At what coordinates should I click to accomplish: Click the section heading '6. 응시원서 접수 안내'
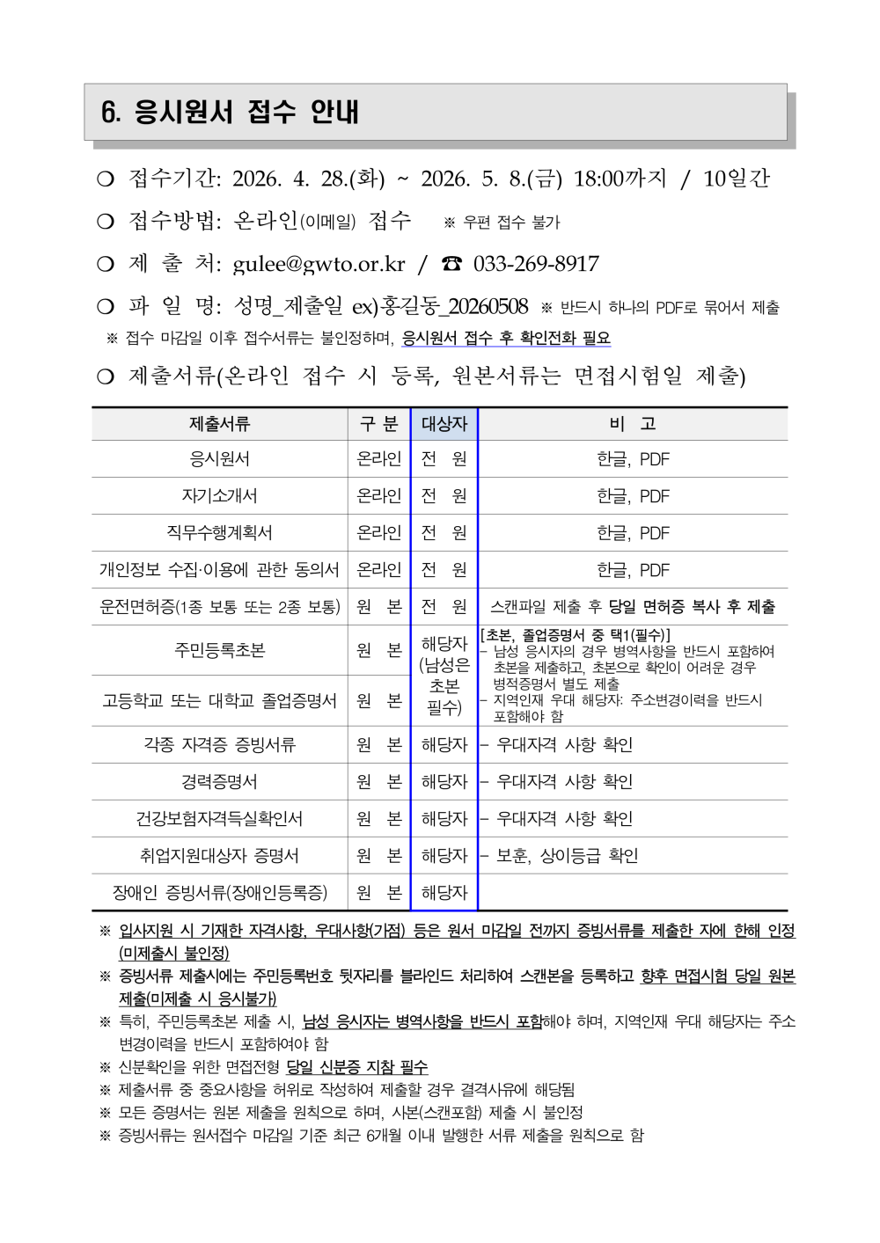click(x=231, y=112)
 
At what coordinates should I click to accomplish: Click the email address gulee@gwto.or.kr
click(x=319, y=264)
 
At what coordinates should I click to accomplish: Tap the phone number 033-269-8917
click(x=536, y=264)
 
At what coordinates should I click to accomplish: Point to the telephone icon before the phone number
click(x=452, y=264)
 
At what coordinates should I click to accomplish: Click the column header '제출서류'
click(x=219, y=424)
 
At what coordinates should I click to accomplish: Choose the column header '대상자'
click(x=444, y=424)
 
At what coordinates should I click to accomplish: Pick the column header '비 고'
click(x=633, y=424)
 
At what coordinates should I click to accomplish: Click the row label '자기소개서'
click(x=219, y=496)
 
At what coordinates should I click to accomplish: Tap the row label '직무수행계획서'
click(x=219, y=533)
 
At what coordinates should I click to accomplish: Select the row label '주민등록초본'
click(x=219, y=650)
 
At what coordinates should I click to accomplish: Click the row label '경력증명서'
click(x=219, y=782)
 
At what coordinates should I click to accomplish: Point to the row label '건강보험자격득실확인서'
click(x=219, y=819)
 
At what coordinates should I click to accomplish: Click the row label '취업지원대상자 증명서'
click(x=219, y=856)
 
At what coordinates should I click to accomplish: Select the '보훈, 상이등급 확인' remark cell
click(x=567, y=856)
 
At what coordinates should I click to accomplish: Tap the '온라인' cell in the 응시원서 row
click(x=379, y=459)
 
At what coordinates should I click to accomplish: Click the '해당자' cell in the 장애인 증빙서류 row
click(x=444, y=893)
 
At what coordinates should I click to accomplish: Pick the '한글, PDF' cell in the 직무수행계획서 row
click(x=633, y=533)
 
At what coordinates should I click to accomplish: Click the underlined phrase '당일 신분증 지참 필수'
click(x=357, y=1067)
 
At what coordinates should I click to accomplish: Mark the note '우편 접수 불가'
click(x=511, y=223)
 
